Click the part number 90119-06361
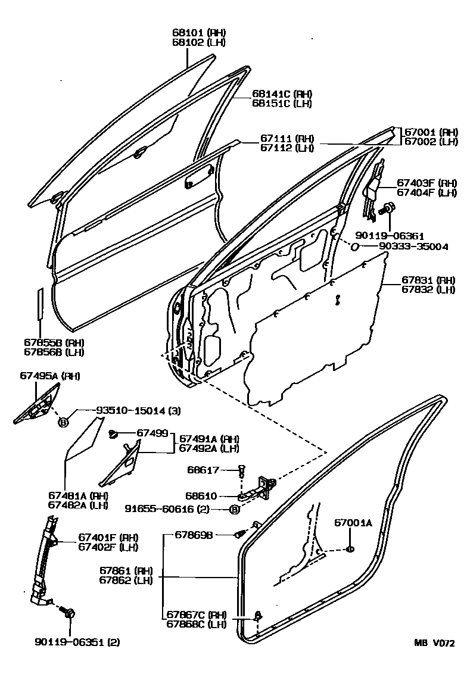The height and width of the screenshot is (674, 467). (391, 236)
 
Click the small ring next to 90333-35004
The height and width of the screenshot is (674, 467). (354, 246)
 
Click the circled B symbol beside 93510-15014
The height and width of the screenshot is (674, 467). (64, 422)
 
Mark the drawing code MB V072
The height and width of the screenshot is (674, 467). (435, 644)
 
